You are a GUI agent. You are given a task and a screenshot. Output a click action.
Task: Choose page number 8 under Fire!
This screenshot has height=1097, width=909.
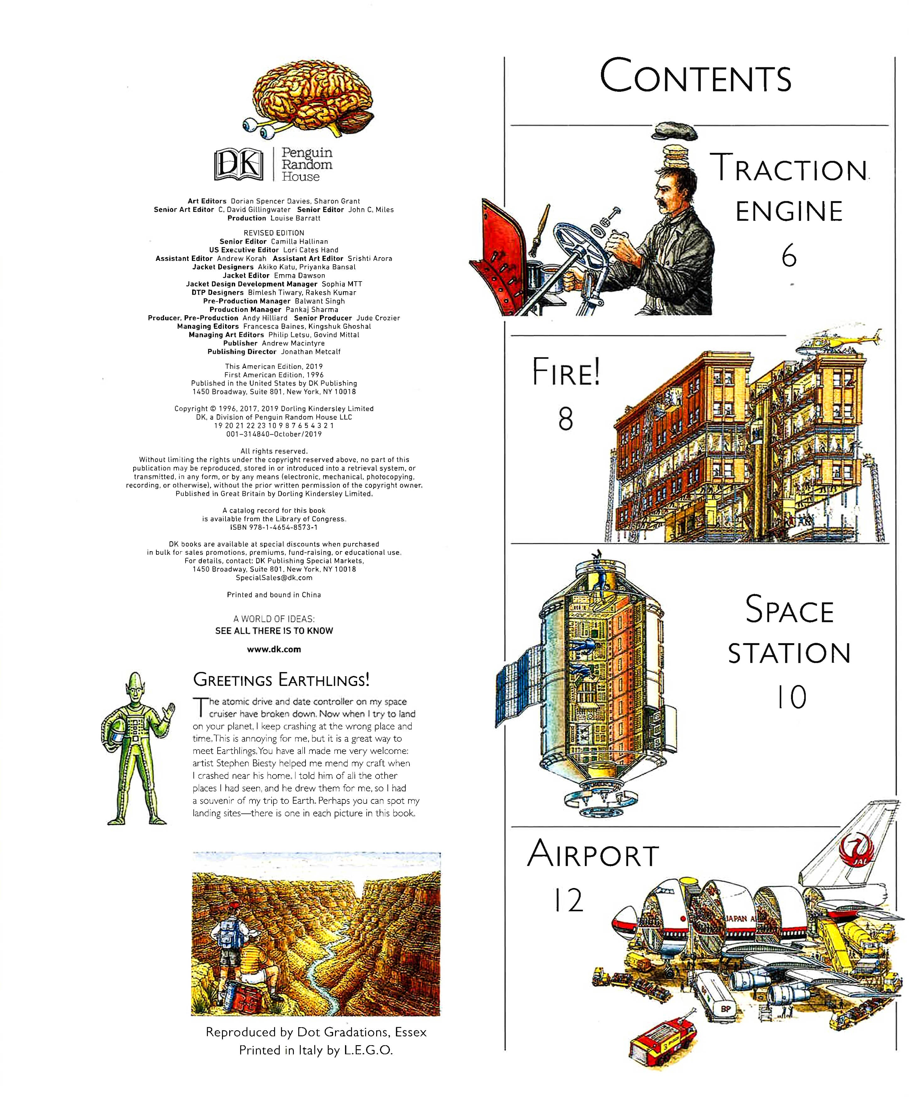pos(565,419)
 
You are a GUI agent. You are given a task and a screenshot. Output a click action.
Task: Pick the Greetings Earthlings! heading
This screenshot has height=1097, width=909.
pos(281,680)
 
